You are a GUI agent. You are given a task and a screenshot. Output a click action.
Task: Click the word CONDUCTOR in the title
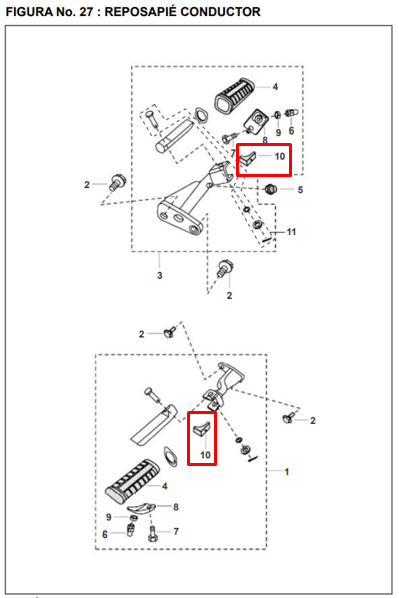pyautogui.click(x=220, y=12)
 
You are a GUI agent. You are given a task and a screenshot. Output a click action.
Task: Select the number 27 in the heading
pyautogui.click(x=86, y=12)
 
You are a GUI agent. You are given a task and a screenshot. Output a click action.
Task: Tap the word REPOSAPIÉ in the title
pyautogui.click(x=140, y=12)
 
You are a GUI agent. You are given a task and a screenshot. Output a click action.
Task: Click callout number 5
pyautogui.click(x=300, y=190)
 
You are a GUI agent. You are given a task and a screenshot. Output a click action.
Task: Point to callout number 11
pyautogui.click(x=291, y=231)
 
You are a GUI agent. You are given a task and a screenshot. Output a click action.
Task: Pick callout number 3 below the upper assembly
pyautogui.click(x=159, y=275)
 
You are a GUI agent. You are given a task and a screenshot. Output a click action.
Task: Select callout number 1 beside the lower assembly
pyautogui.click(x=286, y=472)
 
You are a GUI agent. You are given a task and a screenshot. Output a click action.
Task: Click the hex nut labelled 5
pyautogui.click(x=270, y=188)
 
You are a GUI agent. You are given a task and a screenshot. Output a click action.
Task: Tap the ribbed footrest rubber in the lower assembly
pyautogui.click(x=132, y=479)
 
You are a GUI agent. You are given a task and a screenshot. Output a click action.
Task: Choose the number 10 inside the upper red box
pyautogui.click(x=280, y=156)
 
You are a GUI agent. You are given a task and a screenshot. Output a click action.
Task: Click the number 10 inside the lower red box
pyautogui.click(x=205, y=455)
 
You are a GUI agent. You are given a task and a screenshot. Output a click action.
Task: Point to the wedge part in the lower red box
pyautogui.click(x=201, y=429)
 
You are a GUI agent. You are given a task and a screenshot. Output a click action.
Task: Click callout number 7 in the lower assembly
pyautogui.click(x=176, y=531)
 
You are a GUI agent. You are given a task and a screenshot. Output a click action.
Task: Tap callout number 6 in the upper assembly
pyautogui.click(x=291, y=131)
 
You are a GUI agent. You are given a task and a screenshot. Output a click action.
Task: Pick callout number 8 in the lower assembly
pyautogui.click(x=176, y=507)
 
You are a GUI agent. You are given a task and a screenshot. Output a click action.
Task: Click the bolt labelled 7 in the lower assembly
pyautogui.click(x=152, y=533)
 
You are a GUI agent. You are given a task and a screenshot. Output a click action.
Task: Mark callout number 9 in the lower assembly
pyautogui.click(x=109, y=517)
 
